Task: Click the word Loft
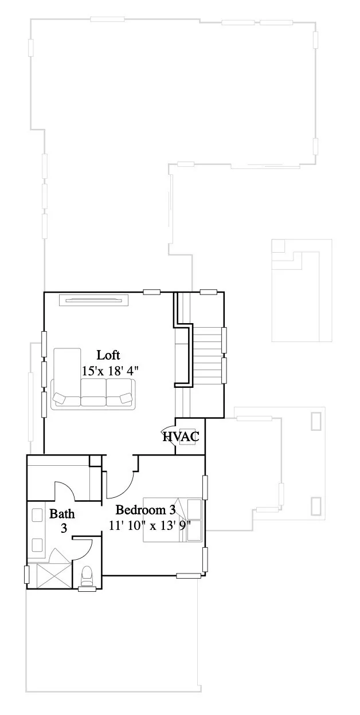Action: [108, 355]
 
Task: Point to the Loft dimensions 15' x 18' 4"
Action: [110, 371]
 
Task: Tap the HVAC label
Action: [181, 437]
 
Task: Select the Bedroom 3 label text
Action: [145, 510]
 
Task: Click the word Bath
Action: [61, 513]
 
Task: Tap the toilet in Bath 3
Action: [87, 575]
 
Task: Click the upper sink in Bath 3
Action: [38, 515]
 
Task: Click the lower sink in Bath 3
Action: [38, 544]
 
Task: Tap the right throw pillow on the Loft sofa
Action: [125, 398]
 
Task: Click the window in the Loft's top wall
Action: [151, 292]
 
